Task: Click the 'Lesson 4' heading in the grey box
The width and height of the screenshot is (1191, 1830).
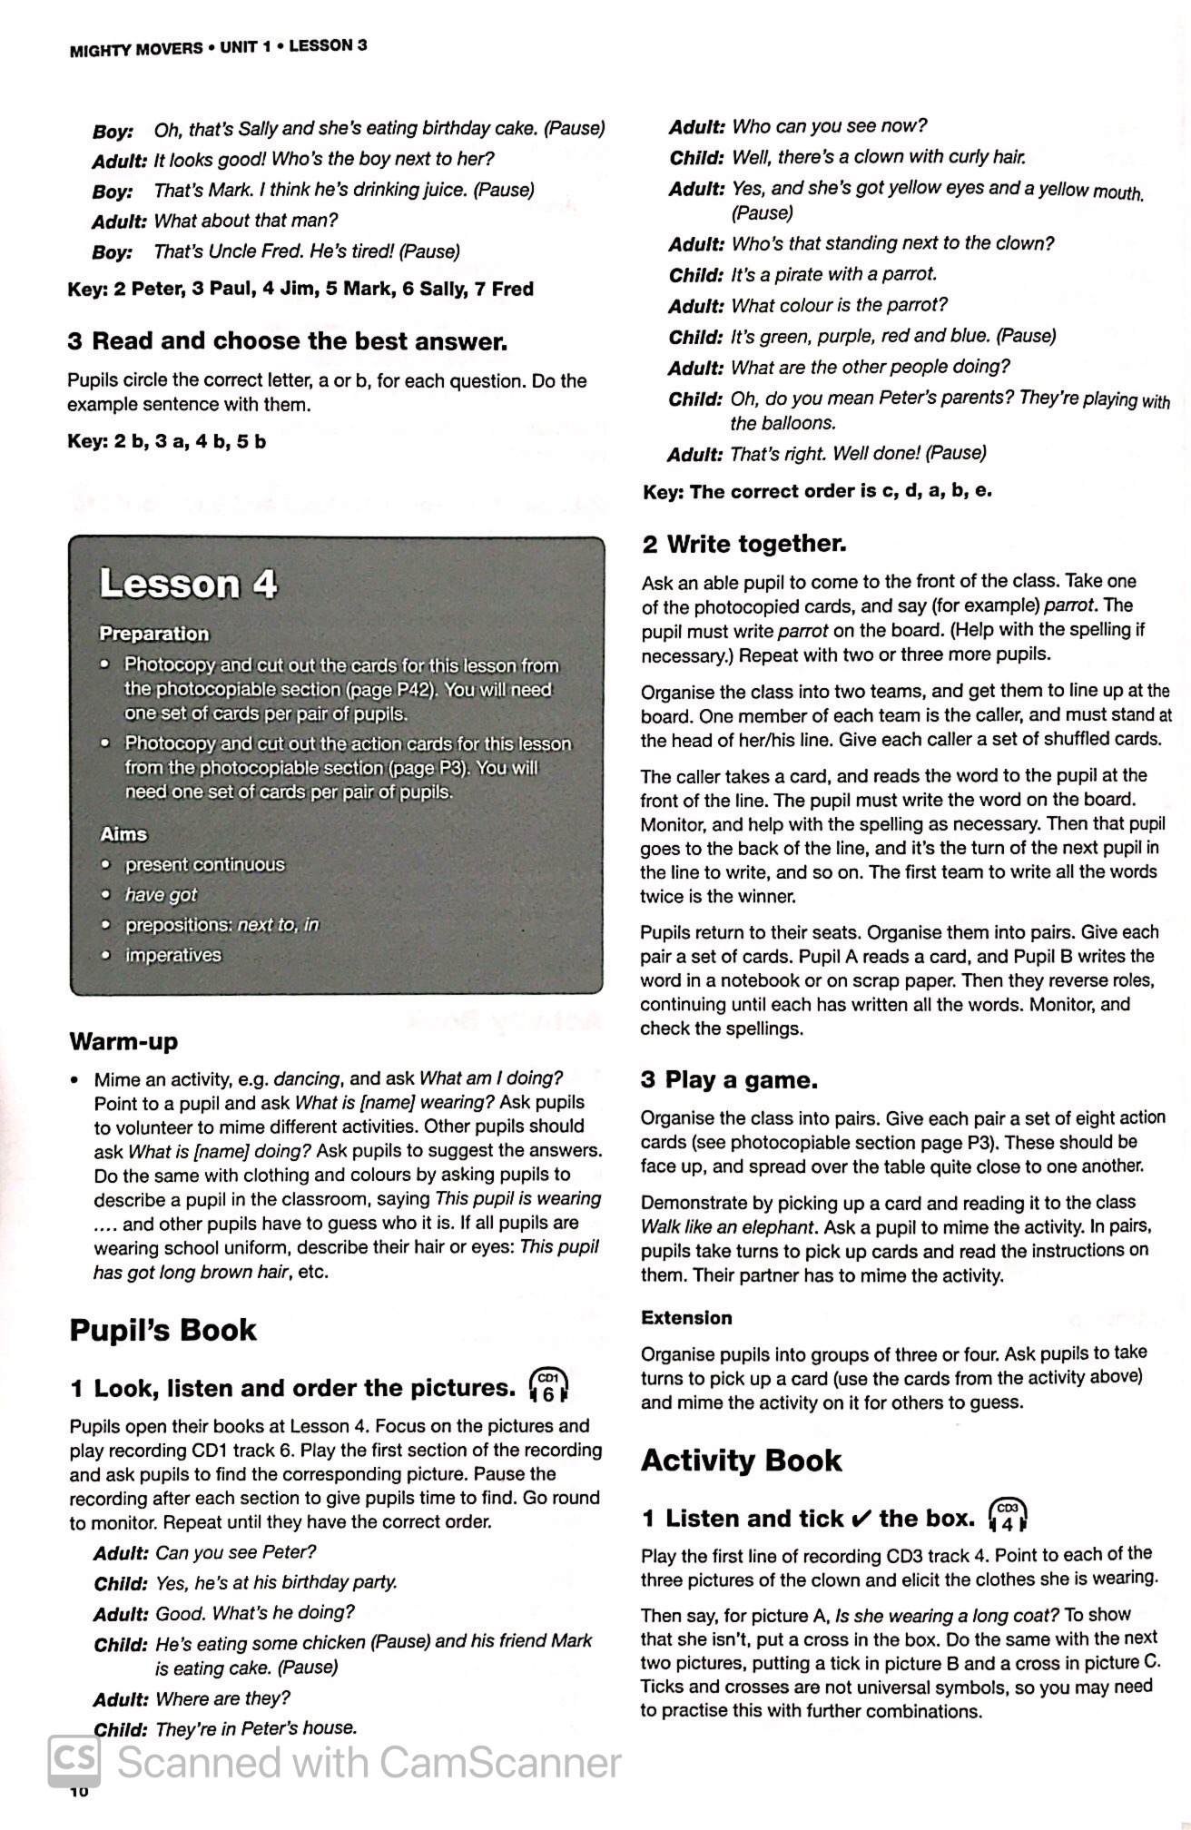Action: (x=188, y=583)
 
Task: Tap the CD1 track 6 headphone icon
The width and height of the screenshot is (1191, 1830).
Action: (x=548, y=1386)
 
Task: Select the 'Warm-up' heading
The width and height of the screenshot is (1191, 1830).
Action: (x=123, y=1041)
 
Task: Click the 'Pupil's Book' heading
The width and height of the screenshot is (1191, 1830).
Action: (x=162, y=1330)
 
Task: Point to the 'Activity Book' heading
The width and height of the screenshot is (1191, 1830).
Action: (x=741, y=1460)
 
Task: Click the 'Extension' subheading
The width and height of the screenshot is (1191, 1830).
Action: (x=686, y=1317)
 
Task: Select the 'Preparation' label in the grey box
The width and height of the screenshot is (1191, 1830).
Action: (x=154, y=634)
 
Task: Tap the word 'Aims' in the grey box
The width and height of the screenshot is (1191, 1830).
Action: (x=123, y=833)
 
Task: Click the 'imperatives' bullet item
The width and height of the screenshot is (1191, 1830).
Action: (x=172, y=955)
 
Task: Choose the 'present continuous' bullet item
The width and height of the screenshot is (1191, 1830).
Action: (x=204, y=864)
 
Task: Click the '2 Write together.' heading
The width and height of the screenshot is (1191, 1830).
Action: (x=743, y=544)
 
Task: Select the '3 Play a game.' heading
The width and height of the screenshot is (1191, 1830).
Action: (x=729, y=1079)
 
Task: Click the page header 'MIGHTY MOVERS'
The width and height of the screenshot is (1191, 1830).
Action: (x=136, y=49)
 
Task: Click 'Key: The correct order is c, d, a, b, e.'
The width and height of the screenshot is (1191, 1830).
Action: (x=817, y=492)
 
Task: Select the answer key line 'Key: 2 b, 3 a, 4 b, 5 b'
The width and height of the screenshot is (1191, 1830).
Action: (x=167, y=442)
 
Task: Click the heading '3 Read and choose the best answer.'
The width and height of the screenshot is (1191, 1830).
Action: (x=287, y=341)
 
